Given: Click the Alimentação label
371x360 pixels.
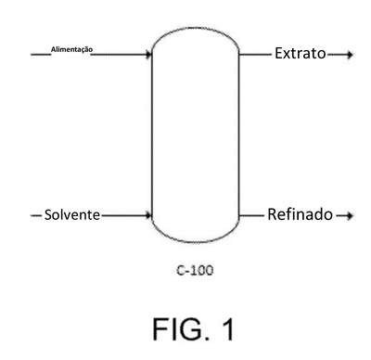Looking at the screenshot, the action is pos(71,49).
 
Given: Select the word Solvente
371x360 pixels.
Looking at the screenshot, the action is pos(72,214).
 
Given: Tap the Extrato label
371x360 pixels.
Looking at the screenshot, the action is pos(301,53).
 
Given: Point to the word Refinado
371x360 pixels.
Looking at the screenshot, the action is pos(301,214).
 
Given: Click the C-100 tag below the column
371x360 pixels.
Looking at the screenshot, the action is pos(195,270).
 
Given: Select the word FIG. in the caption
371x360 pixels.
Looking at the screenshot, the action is pos(180,328).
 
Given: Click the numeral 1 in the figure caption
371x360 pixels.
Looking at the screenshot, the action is pos(228,328).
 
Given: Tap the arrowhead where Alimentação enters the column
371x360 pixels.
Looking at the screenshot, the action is pos(148,55).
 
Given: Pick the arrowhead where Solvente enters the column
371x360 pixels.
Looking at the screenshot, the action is pos(148,215).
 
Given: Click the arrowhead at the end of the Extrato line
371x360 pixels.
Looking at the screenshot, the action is pos(350,55).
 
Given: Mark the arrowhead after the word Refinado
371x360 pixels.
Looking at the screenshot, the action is pos(350,215).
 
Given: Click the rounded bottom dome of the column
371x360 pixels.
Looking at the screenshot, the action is pos(195,241).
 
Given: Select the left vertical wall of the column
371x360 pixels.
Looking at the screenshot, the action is pos(152,135).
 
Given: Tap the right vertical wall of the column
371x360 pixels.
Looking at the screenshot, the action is pos(238,135).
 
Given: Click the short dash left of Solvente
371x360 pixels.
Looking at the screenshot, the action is pos(36,215).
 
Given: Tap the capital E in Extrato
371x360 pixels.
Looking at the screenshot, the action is pos(278,53).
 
